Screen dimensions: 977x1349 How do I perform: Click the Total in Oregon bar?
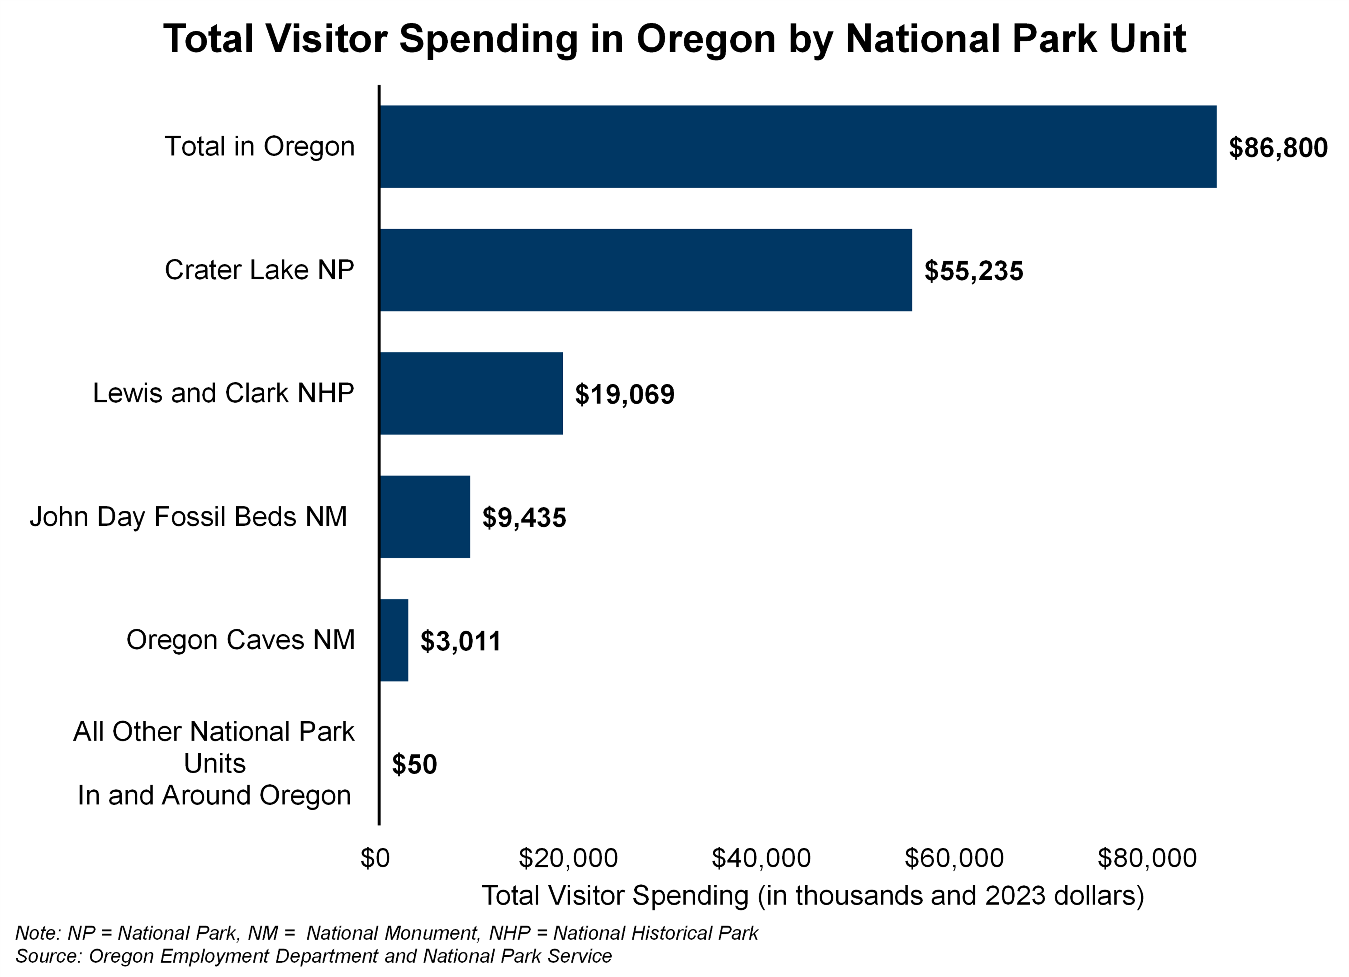pos(798,147)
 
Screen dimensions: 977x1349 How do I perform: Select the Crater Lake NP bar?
pos(645,270)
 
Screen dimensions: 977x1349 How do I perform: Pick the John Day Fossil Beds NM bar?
pos(425,517)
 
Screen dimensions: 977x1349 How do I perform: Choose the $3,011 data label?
pos(460,641)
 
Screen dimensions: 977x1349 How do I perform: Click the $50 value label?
pos(414,765)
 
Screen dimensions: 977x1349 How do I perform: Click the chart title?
pos(674,39)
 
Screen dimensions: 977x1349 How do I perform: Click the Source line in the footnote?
pos(313,956)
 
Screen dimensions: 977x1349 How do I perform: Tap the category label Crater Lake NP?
pos(259,270)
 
